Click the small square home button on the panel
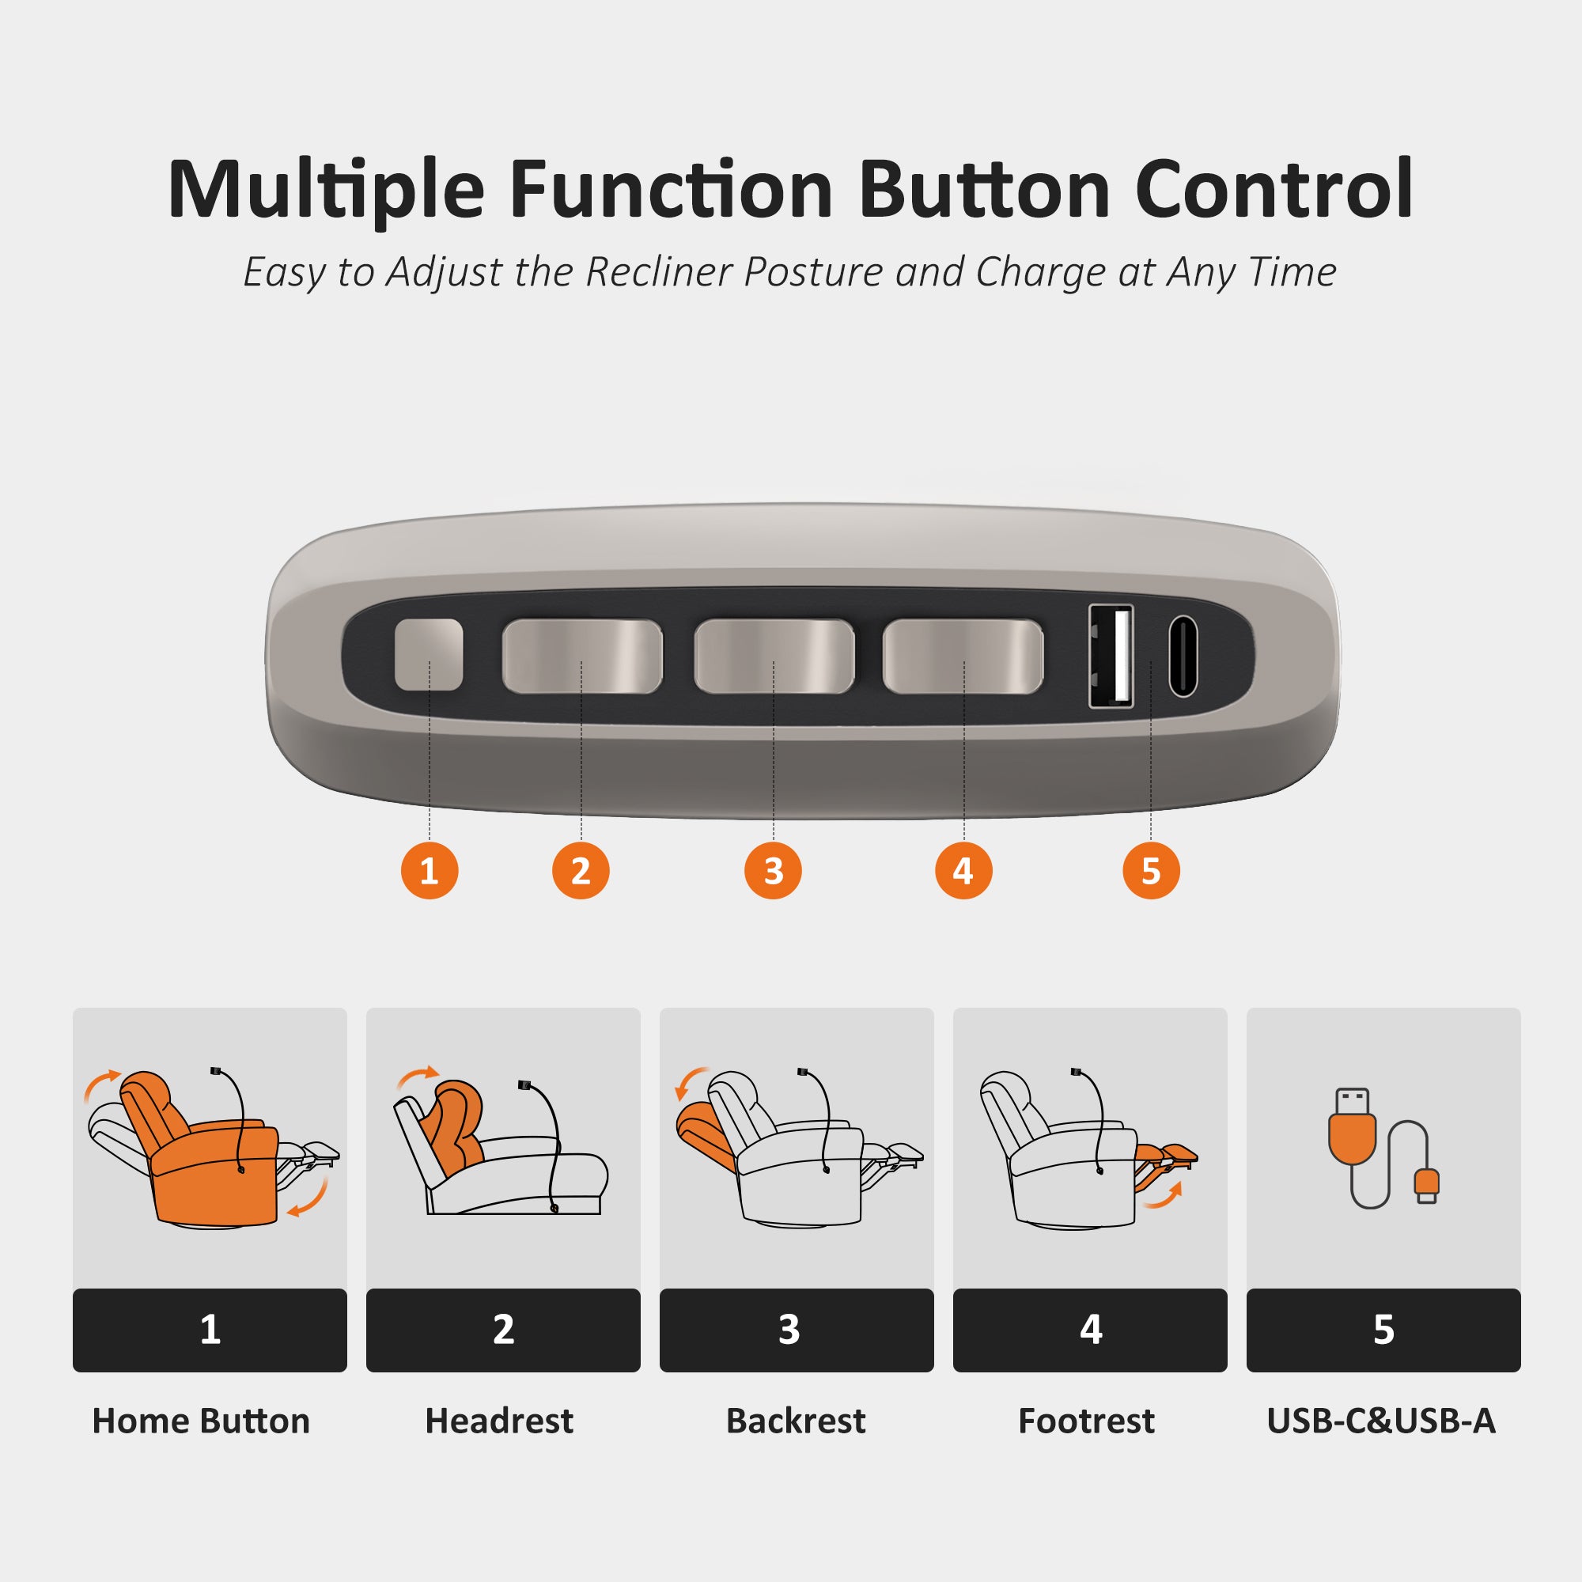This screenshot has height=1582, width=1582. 428,654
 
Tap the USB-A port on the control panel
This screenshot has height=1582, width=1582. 1111,656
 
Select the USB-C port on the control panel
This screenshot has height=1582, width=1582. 1183,656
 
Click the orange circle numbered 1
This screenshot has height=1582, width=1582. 429,870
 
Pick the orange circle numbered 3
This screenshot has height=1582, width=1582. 773,870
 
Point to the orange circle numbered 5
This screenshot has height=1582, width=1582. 1150,870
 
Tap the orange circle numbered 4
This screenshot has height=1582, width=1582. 963,870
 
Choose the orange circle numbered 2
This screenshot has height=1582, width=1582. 581,870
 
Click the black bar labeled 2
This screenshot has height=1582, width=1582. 503,1330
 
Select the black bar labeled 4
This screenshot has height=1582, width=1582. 1090,1330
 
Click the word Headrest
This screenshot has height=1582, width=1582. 498,1421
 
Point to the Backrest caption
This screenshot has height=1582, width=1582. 796,1421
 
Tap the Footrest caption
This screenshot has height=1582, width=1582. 1087,1421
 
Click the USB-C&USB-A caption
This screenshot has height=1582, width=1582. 1381,1421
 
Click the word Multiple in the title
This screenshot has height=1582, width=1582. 326,190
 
